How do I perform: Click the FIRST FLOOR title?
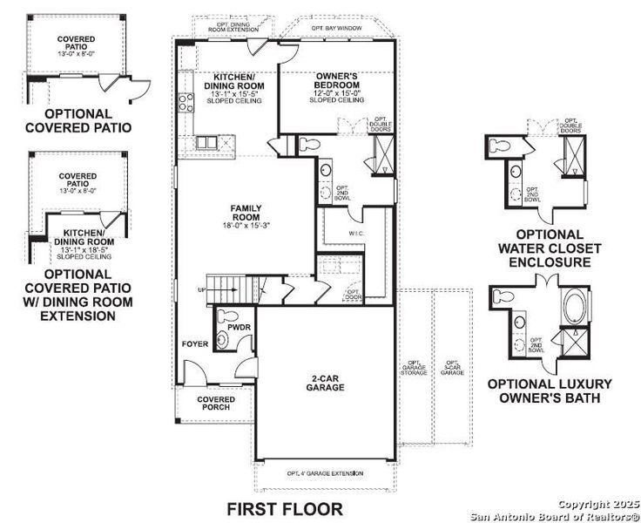click(285, 507)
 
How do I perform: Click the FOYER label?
click(195, 343)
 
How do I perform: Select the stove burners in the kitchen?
click(186, 104)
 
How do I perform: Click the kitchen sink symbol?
click(206, 142)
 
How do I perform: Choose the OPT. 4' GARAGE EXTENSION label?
click(325, 473)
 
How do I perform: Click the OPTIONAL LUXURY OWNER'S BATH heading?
click(550, 391)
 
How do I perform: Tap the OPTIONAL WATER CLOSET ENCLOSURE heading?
click(550, 248)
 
